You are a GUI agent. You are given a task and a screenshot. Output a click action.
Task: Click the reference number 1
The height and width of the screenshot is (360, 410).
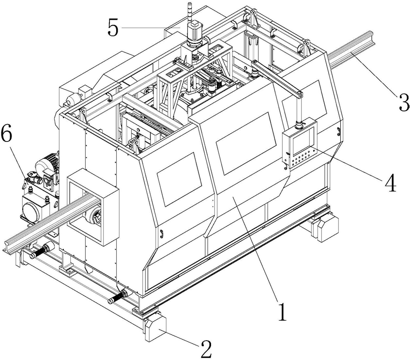pyautogui.click(x=282, y=312)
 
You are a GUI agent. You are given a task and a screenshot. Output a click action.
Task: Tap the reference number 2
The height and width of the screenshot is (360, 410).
pyautogui.click(x=206, y=349)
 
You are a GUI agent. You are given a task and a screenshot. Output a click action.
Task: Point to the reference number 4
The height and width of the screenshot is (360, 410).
pyautogui.click(x=390, y=183)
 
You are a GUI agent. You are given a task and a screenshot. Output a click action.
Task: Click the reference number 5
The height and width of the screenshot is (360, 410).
pyautogui.click(x=113, y=28)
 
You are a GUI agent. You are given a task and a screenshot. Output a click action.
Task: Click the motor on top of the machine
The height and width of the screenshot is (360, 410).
pyautogui.click(x=194, y=33)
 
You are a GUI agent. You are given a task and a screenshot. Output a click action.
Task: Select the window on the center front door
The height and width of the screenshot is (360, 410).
pyautogui.click(x=246, y=143)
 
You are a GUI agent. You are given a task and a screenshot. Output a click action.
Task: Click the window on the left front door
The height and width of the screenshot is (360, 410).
pyautogui.click(x=179, y=179)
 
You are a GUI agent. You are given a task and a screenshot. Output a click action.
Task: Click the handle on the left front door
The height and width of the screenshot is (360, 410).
pyautogui.click(x=162, y=234)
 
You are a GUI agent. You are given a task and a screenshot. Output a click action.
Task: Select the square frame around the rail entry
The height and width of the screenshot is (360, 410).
pyautogui.click(x=93, y=207)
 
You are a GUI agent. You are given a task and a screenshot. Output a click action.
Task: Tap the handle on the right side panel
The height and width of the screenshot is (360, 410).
pyautogui.click(x=338, y=131)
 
